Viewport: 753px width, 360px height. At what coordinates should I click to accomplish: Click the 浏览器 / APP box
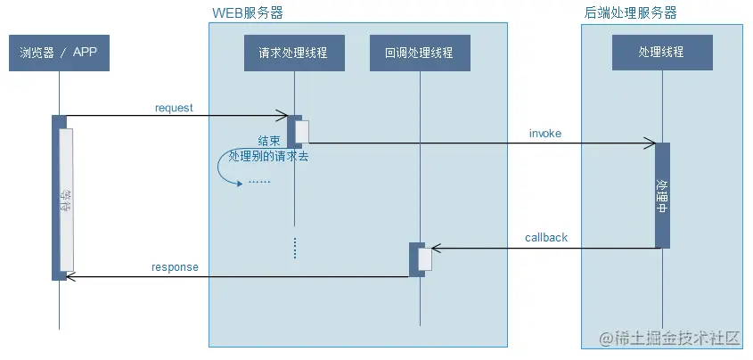(x=59, y=53)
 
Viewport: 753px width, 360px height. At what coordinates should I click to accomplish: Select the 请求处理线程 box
(x=286, y=53)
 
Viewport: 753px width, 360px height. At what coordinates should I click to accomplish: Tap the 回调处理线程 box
(x=418, y=53)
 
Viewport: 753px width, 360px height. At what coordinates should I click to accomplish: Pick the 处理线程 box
(x=661, y=53)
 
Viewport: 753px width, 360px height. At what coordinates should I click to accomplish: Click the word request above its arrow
(x=174, y=108)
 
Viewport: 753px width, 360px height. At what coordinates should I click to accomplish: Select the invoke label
(x=544, y=134)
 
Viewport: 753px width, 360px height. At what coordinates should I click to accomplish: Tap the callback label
(x=545, y=238)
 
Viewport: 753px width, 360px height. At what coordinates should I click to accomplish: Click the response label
(x=175, y=266)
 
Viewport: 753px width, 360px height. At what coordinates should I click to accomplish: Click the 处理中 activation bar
(x=661, y=195)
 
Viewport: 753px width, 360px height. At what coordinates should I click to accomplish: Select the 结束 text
(x=269, y=141)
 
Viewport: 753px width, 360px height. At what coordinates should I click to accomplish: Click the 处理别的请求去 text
(x=268, y=155)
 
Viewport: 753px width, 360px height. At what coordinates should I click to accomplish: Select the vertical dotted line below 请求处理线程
(x=294, y=248)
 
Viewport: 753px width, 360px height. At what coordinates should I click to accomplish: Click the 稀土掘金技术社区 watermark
(x=669, y=339)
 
